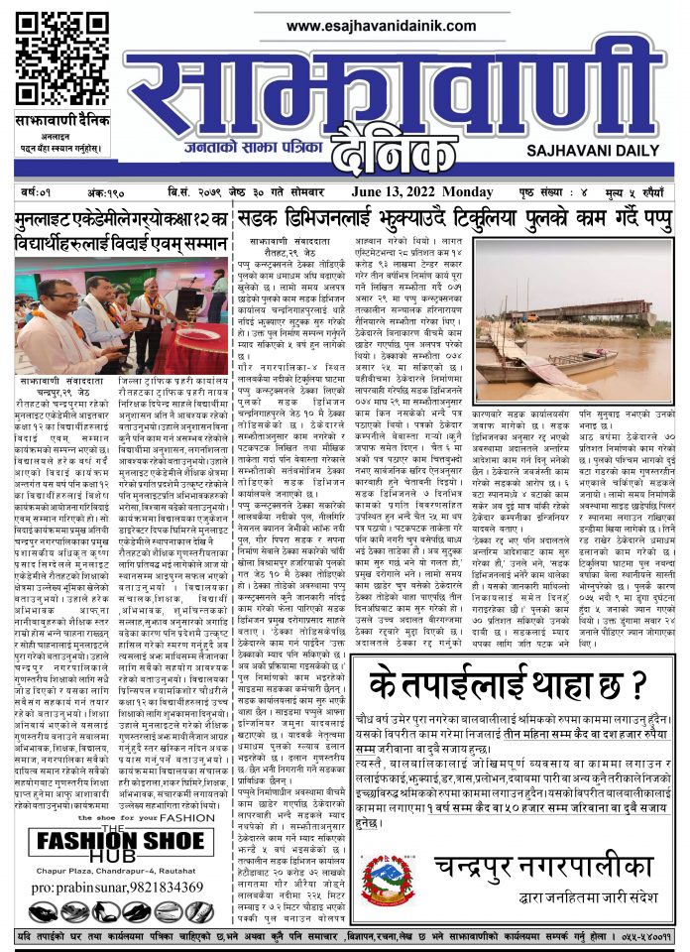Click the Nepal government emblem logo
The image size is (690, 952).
click(x=387, y=873)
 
